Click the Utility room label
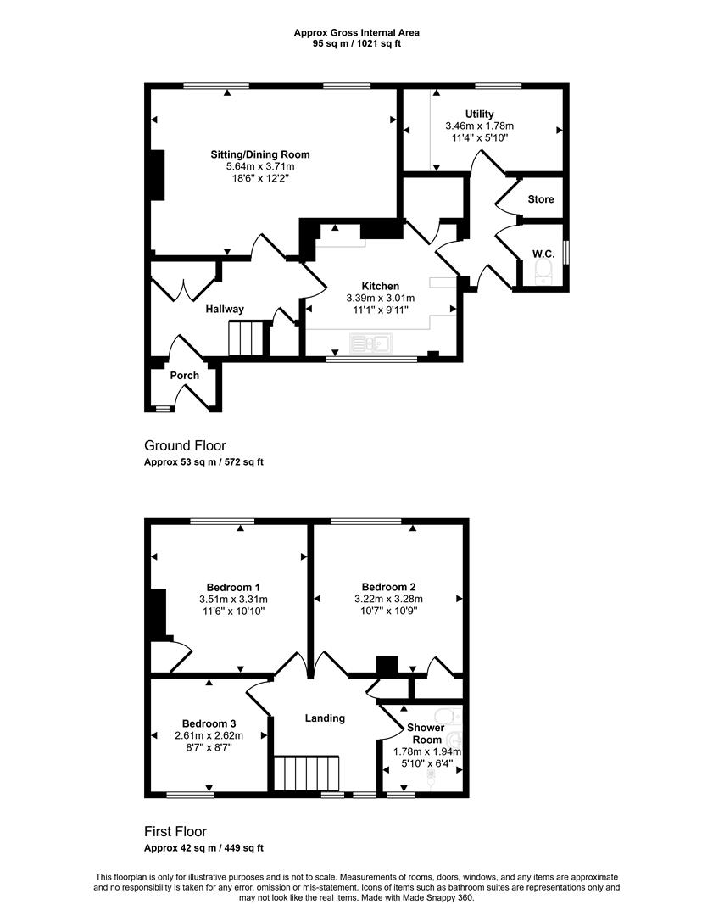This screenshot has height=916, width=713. point(479,114)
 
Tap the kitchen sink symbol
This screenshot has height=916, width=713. point(370,343)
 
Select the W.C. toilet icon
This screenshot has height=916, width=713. point(543,272)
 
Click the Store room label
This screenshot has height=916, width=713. point(541,199)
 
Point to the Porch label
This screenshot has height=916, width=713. point(185,376)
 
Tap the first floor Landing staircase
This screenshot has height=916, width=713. point(307,774)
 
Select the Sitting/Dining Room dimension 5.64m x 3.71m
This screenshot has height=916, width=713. point(260,166)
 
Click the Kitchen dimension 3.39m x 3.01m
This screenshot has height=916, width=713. point(381,298)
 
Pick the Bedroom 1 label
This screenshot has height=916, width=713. point(234,587)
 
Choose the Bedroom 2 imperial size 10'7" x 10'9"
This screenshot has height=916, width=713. point(389,611)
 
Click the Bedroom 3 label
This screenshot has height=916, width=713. point(209,723)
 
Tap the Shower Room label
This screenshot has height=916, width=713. point(426,734)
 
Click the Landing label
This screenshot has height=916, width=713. point(326,718)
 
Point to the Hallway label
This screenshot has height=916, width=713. point(225,309)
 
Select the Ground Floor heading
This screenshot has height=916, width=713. point(185,446)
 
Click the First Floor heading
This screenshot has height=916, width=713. point(175,831)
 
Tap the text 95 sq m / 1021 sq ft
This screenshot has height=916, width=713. point(357,43)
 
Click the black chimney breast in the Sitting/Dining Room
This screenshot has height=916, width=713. point(158,176)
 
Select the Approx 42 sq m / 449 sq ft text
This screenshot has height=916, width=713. point(203,847)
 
